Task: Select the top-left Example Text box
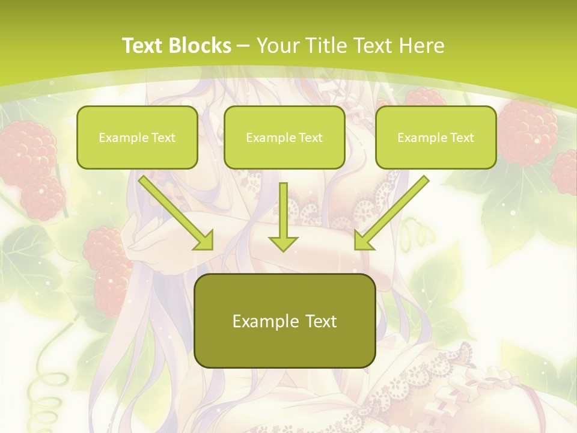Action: (137, 138)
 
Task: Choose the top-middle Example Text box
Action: (284, 138)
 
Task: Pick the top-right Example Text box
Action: (436, 138)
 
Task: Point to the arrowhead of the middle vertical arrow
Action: (283, 243)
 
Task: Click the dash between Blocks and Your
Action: (243, 46)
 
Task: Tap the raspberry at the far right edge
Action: (566, 171)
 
